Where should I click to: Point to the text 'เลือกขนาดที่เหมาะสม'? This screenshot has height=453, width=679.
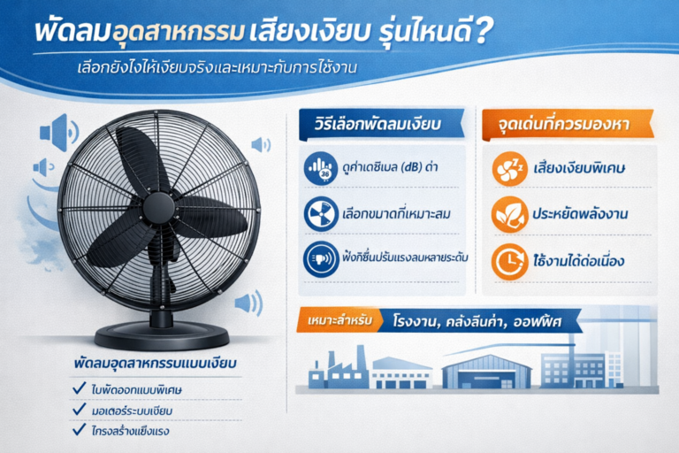pos(385,215)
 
